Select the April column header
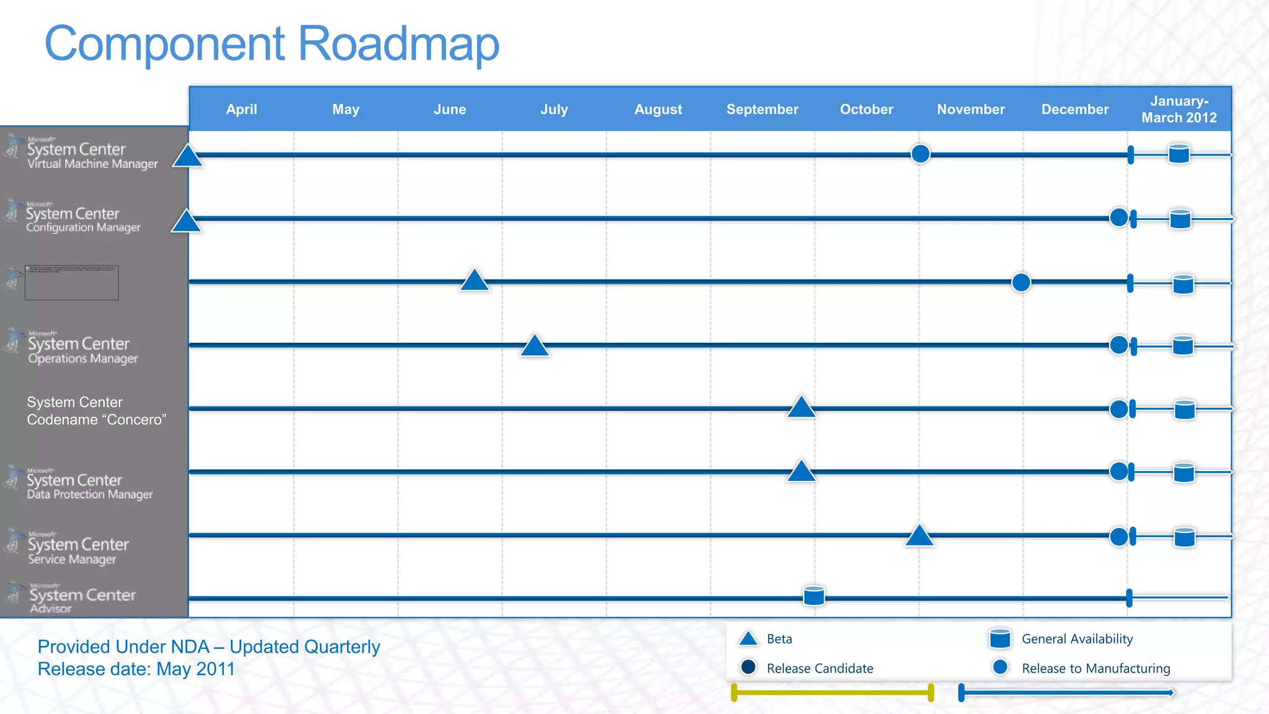(x=241, y=110)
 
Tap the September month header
(x=762, y=110)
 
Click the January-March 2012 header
(x=1179, y=109)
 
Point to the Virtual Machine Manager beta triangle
(x=187, y=157)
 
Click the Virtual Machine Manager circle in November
(x=920, y=153)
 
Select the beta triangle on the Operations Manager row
(x=535, y=346)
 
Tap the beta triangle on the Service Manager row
(x=919, y=536)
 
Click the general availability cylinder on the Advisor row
(x=814, y=596)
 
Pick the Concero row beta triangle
(x=801, y=408)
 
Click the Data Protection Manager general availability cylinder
(x=1183, y=473)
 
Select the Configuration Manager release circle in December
(x=1118, y=218)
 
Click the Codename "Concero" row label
(x=97, y=411)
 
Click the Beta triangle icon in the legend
(x=749, y=639)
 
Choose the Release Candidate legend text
(x=819, y=668)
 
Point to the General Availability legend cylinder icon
(x=1000, y=638)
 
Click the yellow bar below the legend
(x=832, y=692)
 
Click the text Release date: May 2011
(x=136, y=669)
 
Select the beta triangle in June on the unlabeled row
(x=475, y=281)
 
